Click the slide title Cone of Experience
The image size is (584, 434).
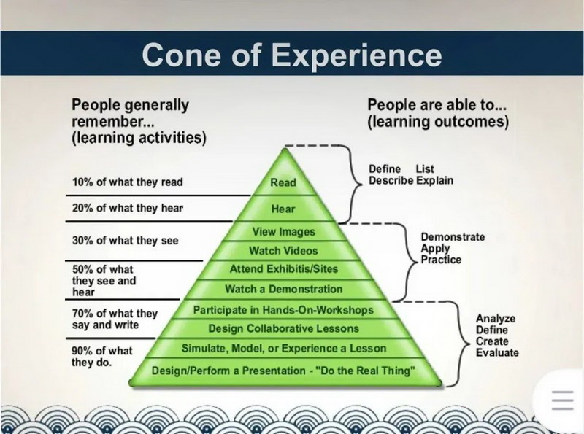click(291, 55)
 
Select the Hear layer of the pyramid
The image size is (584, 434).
click(283, 209)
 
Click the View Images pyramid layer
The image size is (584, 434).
click(284, 231)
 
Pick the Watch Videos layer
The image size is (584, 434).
click(283, 250)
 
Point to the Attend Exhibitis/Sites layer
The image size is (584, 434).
click(284, 268)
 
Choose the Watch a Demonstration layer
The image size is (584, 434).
click(284, 289)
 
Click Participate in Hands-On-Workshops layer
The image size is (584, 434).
click(283, 310)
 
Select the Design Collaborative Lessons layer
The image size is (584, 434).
click(284, 328)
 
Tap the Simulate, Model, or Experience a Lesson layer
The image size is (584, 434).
click(284, 349)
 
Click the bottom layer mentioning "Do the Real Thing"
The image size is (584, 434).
click(283, 371)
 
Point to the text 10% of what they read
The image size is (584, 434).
click(128, 182)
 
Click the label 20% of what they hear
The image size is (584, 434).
click(128, 208)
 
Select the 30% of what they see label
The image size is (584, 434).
click(126, 241)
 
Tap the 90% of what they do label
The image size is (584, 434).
click(102, 356)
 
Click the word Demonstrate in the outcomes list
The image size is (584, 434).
click(453, 237)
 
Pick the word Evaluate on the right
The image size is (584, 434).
click(497, 352)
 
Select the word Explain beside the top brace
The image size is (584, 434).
click(434, 180)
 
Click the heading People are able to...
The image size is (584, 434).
click(437, 105)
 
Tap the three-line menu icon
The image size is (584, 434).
click(563, 400)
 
